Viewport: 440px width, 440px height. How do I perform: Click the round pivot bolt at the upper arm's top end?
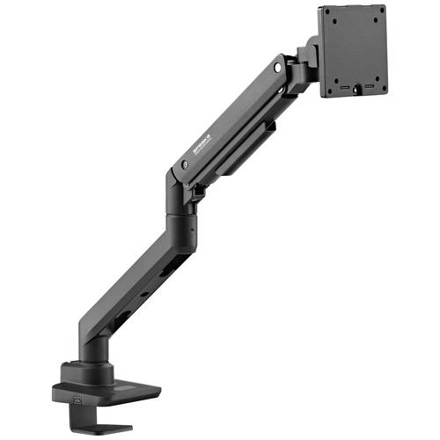279,66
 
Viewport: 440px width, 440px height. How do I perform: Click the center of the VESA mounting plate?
354,49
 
